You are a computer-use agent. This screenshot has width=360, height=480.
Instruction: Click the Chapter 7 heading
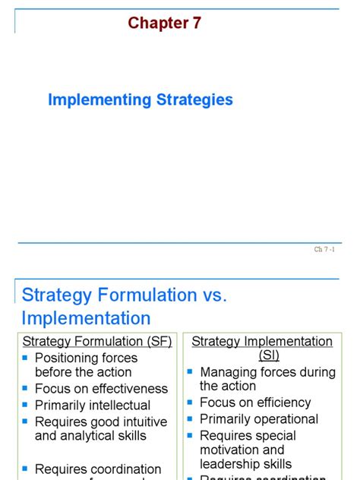click(165, 24)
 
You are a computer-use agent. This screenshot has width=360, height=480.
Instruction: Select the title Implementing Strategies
click(141, 99)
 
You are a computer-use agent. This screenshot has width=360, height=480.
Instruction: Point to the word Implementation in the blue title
click(86, 317)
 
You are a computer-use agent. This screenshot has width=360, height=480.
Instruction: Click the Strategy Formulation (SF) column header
click(97, 342)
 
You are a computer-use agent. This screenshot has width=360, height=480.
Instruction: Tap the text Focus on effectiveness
click(101, 389)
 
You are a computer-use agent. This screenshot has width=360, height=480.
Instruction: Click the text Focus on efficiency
click(255, 403)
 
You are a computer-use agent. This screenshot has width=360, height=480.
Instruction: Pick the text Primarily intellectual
click(93, 406)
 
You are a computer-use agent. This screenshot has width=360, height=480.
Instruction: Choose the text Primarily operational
click(259, 419)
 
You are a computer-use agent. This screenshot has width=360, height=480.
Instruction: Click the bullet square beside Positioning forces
click(25, 357)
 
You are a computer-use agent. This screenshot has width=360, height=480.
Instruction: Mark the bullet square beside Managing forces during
click(190, 371)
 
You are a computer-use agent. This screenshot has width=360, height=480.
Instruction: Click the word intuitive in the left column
click(136, 422)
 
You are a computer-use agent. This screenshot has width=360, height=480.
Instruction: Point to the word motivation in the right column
click(231, 450)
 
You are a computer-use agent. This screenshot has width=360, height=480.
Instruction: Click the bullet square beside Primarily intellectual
click(25, 405)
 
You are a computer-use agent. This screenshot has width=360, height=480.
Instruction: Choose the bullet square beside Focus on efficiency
click(190, 403)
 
